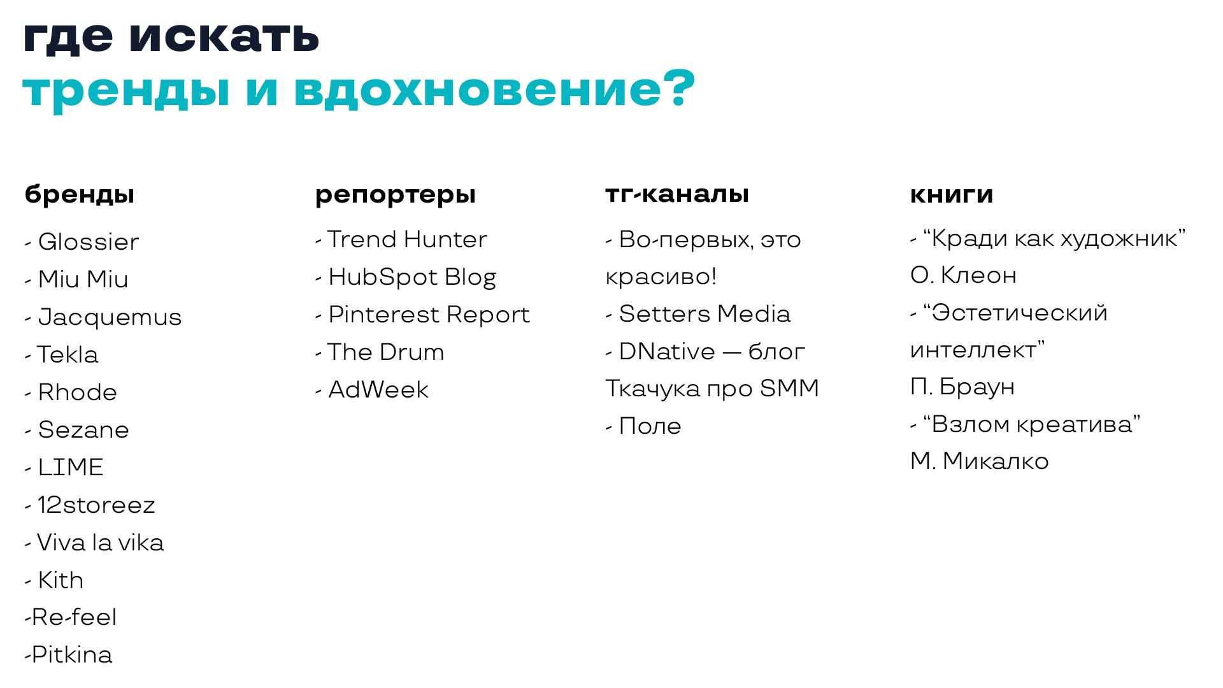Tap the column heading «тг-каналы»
coord(677,194)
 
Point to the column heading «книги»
coord(952,194)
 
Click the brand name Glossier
coord(89,242)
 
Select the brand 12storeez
coord(96,505)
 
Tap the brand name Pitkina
coord(72,655)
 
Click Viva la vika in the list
coord(101,543)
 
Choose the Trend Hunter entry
coord(407,240)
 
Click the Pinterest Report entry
coord(429,315)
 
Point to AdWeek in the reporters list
coord(378,390)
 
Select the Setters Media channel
coord(704,314)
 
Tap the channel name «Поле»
coord(650,426)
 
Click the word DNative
coord(667,352)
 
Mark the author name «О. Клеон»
coord(963,276)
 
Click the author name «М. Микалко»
coord(980,461)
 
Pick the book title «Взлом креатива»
coord(1032,424)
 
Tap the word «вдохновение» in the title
coord(478,89)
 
